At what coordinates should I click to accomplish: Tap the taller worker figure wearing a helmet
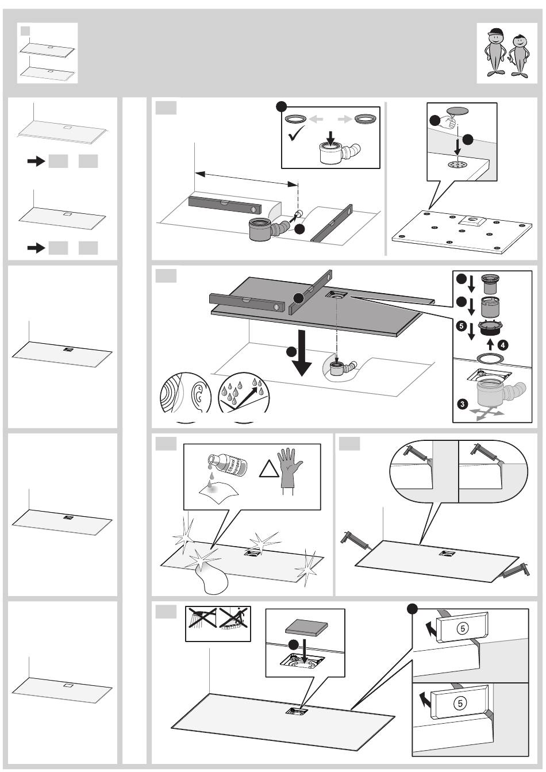coord(493,52)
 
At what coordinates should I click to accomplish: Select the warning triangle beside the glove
coord(267,471)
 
